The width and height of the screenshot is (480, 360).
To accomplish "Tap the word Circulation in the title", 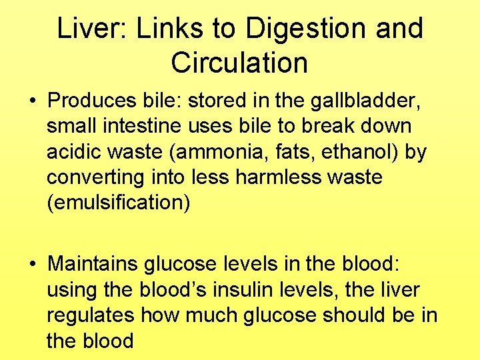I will click(239, 63).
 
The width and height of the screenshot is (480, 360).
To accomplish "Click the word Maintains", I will click(93, 265).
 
